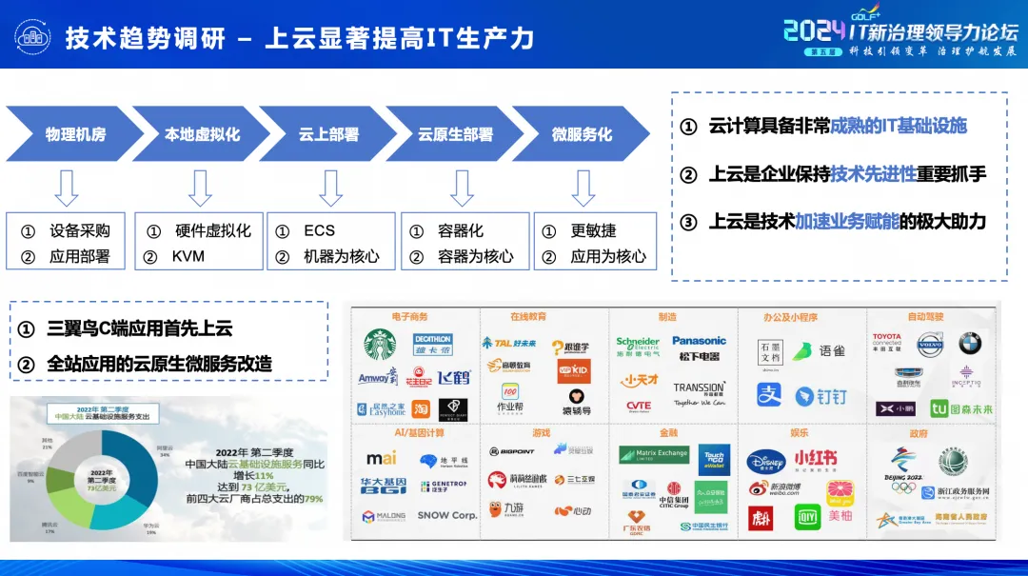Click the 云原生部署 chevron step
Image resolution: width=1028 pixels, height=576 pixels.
pos(455,134)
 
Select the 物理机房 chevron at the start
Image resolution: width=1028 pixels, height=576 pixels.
pos(74,134)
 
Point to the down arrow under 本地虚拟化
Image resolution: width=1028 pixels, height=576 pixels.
pos(200,188)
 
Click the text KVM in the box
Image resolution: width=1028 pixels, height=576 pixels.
pos(188,256)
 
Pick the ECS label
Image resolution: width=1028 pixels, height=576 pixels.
pos(319,230)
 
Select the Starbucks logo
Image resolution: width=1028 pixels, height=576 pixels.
pos(381,345)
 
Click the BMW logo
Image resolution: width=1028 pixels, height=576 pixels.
pos(969,344)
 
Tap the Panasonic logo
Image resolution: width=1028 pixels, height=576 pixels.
pos(699,341)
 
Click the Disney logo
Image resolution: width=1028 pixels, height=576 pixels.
pos(765,461)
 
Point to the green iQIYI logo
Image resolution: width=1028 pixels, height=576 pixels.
pos(807,517)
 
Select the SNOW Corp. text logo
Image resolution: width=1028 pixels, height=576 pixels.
pos(446,515)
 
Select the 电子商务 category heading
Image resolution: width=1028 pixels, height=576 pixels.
pos(409,317)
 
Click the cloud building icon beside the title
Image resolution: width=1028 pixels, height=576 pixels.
pos(31,37)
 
